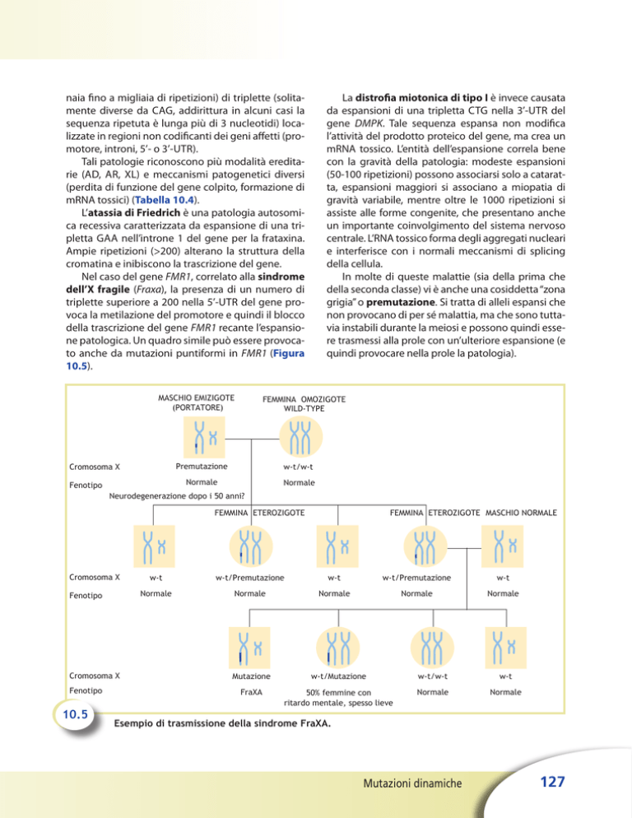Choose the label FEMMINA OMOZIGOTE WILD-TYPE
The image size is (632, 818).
point(304,405)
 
